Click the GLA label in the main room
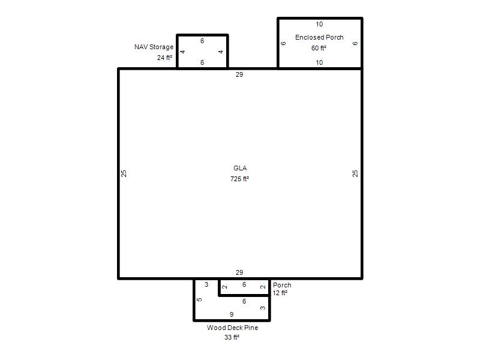[240, 168]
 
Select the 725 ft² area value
[239, 179]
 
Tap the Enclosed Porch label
[319, 37]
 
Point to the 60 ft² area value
[319, 48]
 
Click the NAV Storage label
[154, 47]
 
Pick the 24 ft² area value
[164, 58]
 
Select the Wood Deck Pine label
[232, 328]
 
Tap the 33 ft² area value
[232, 337]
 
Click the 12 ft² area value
[280, 293]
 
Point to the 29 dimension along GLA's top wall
[239, 74]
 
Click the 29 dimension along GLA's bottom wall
[239, 272]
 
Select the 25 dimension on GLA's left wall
[124, 173]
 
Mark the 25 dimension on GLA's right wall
[355, 173]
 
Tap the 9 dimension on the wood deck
[232, 314]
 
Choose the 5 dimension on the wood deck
[199, 299]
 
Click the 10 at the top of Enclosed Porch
[319, 24]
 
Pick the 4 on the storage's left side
[183, 52]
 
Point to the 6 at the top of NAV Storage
[202, 41]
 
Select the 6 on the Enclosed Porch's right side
[355, 43]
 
